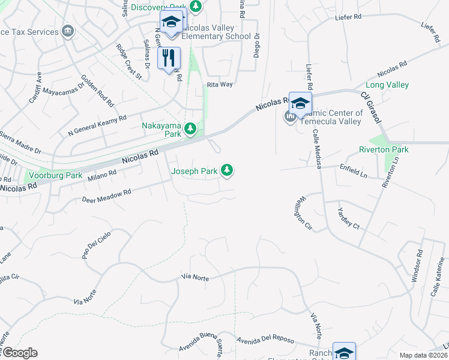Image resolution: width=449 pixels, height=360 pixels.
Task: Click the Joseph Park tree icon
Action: (226, 171)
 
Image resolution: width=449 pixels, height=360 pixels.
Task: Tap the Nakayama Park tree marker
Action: (190, 128)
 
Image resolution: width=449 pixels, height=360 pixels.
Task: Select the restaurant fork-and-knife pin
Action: (169, 58)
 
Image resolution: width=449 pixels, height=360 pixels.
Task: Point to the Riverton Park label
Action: (384, 149)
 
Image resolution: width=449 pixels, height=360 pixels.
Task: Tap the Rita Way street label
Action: (220, 85)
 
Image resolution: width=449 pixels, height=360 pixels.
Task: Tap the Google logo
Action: (20, 353)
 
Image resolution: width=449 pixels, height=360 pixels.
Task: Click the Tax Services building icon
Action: (68, 31)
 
